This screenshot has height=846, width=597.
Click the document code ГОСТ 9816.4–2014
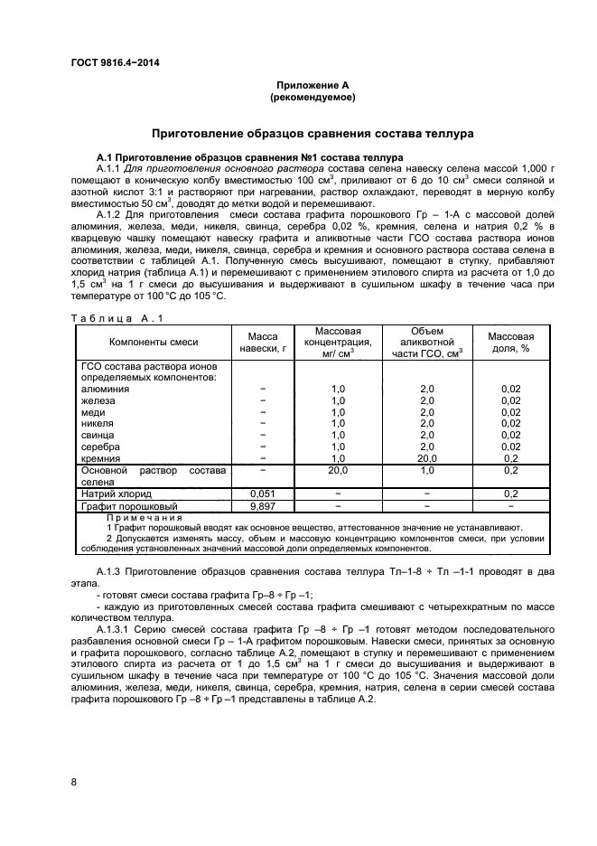pyautogui.click(x=107, y=62)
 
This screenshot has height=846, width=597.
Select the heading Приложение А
pyautogui.click(x=312, y=84)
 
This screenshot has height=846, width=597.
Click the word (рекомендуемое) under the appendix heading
pyautogui.click(x=312, y=96)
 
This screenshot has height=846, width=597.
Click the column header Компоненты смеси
pyautogui.click(x=154, y=343)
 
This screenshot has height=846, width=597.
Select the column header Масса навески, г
pyautogui.click(x=263, y=343)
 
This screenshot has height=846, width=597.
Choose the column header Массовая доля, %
pyautogui.click(x=510, y=343)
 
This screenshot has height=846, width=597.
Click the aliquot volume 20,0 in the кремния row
pyautogui.click(x=427, y=458)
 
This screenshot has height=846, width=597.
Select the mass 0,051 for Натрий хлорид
pyautogui.click(x=263, y=494)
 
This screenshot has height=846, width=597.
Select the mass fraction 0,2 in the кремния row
pyautogui.click(x=510, y=458)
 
